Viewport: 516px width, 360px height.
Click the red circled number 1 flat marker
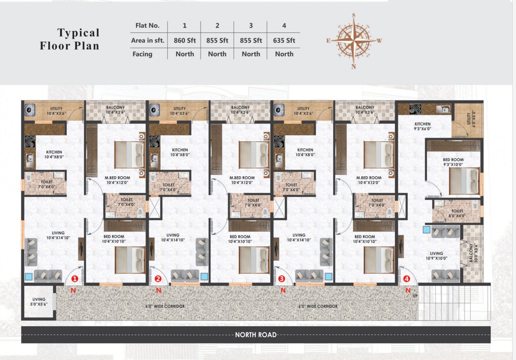pos(75,278)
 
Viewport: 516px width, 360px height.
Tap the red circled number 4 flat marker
pos(407,278)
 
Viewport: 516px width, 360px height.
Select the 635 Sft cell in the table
pos(284,40)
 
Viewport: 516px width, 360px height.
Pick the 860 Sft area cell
pos(184,40)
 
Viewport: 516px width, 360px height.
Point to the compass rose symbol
pos(354,40)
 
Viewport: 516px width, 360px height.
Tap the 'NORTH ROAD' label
pos(256,335)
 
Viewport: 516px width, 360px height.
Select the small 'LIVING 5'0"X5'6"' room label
pos(39,301)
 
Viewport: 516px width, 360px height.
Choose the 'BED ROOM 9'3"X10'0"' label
pos(453,162)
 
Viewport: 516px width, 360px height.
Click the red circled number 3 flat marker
pos(281,278)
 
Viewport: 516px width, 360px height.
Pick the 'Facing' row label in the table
pos(142,54)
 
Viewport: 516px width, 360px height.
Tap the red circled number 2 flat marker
pos(158,278)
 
